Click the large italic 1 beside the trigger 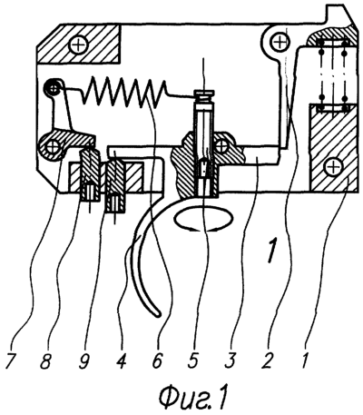tap(272, 251)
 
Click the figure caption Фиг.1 tap(192, 397)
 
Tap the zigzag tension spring tap(125, 92)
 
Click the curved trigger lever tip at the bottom tap(157, 314)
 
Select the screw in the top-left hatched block tap(78, 45)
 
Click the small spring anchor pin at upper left tap(54, 89)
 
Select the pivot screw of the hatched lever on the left tap(52, 148)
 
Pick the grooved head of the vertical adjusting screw tap(204, 96)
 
